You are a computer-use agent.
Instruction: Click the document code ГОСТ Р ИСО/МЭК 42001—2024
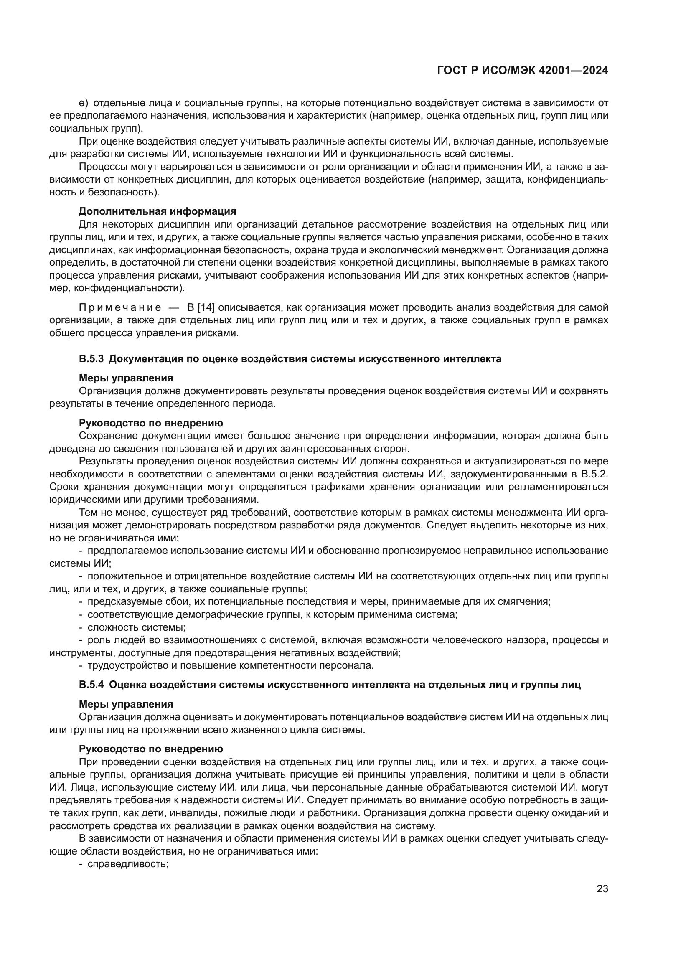(x=522, y=71)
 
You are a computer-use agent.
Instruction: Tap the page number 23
(x=602, y=889)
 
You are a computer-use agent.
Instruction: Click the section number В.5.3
(x=91, y=359)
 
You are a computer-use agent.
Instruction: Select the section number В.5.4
(x=91, y=685)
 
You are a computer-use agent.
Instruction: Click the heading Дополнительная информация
(x=157, y=211)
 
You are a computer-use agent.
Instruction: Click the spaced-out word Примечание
(x=120, y=307)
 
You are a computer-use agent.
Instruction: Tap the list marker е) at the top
(x=84, y=103)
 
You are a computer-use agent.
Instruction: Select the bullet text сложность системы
(x=136, y=627)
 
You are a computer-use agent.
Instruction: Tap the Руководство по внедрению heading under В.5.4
(x=151, y=749)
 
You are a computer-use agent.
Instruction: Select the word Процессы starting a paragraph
(x=99, y=166)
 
